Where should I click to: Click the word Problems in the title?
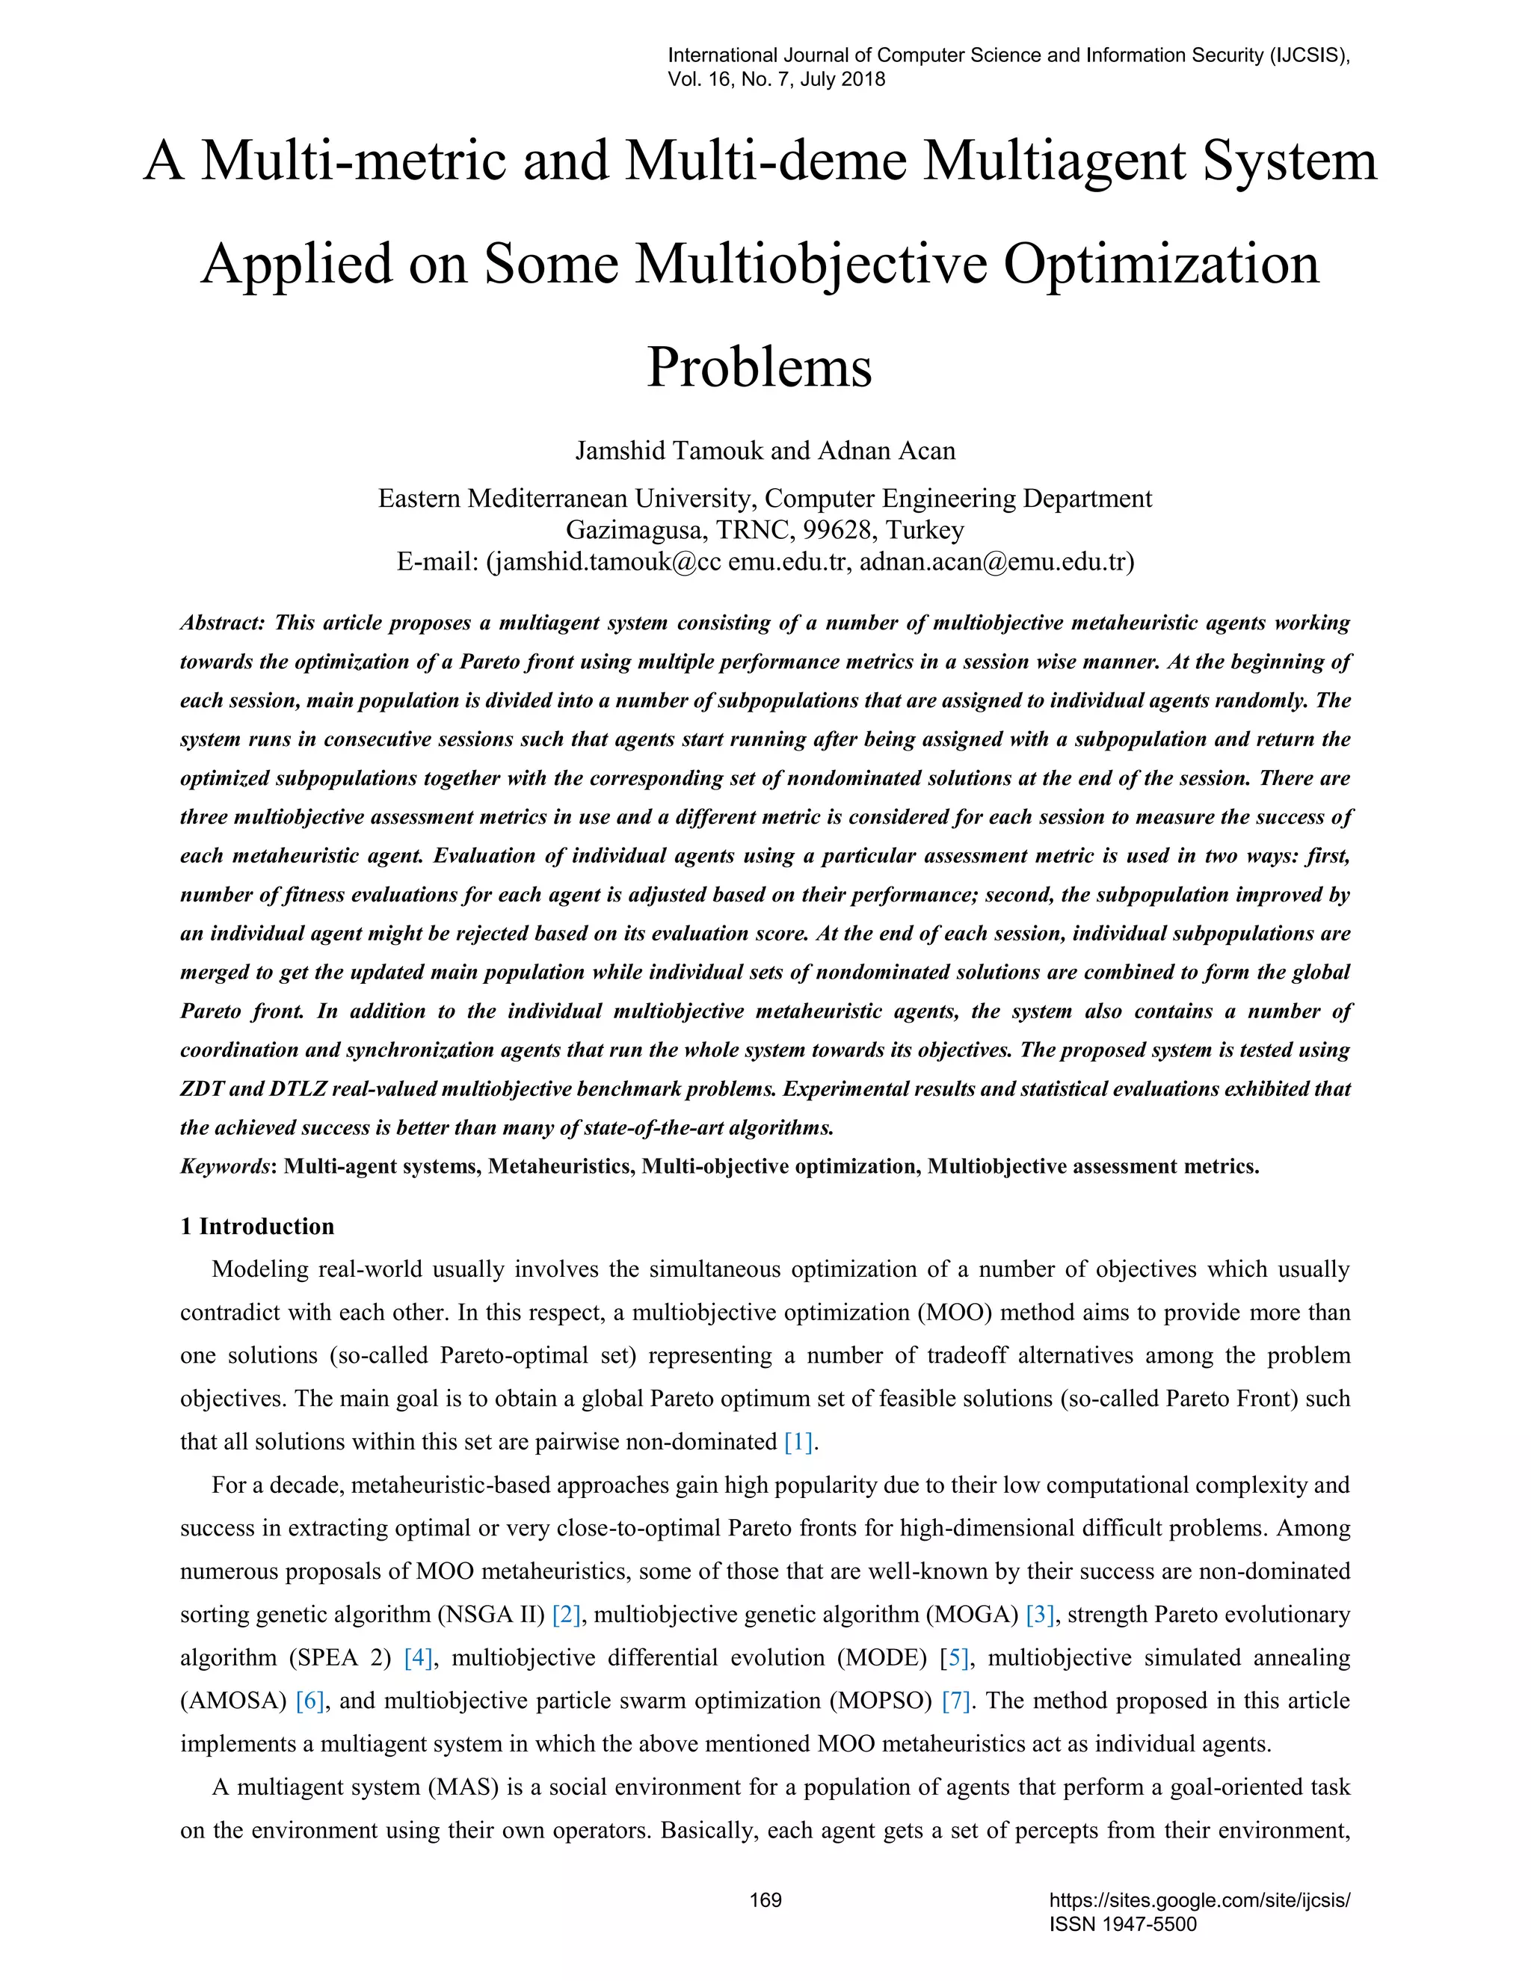pyautogui.click(x=760, y=367)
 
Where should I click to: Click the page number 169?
pyautogui.click(x=765, y=1900)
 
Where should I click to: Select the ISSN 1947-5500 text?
pyautogui.click(x=1123, y=1924)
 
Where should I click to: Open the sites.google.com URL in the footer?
pyautogui.click(x=1199, y=1900)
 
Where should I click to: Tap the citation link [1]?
pyautogui.click(x=798, y=1442)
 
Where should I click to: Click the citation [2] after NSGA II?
pyautogui.click(x=566, y=1615)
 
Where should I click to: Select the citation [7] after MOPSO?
pyautogui.click(x=956, y=1701)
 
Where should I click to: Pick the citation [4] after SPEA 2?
pyautogui.click(x=418, y=1658)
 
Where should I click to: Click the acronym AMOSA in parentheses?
pyautogui.click(x=238, y=1701)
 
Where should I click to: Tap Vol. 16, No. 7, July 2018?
pyautogui.click(x=777, y=79)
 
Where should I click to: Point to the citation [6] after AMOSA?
pyautogui.click(x=309, y=1701)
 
